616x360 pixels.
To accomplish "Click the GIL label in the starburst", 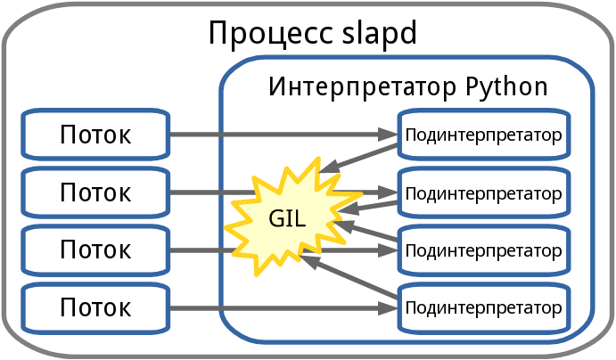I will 287,217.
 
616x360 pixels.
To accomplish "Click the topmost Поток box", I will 95,135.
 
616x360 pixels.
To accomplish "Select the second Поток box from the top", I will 95,192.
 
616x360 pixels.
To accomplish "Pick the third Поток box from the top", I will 95,250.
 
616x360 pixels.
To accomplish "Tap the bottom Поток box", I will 95,307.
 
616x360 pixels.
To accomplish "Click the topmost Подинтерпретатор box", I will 483,135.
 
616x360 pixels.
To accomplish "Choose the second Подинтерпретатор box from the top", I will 483,192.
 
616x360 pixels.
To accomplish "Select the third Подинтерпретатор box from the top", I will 483,250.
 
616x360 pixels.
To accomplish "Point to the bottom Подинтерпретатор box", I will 483,308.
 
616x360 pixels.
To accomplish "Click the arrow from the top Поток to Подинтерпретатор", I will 276,135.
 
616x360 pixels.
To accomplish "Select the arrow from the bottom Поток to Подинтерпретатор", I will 276,308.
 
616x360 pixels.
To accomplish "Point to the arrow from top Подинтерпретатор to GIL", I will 361,156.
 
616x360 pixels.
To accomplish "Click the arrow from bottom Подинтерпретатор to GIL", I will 352,277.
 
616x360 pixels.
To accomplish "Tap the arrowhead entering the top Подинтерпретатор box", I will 390,135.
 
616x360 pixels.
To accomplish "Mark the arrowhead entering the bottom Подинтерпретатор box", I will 390,308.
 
